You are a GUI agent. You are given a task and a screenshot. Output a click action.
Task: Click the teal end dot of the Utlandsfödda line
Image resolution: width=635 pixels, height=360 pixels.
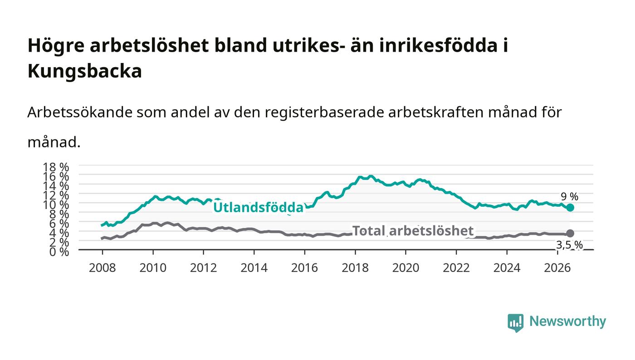tap(570, 208)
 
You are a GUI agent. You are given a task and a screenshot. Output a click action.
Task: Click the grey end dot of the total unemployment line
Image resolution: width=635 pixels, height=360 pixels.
tap(570, 234)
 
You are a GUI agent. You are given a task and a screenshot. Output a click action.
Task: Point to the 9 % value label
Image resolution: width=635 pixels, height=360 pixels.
tap(570, 196)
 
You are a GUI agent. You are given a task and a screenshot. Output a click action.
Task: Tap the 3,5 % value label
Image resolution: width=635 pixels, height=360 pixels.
tap(569, 245)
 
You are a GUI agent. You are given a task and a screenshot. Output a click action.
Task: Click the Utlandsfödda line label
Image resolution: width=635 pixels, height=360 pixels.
tap(258, 207)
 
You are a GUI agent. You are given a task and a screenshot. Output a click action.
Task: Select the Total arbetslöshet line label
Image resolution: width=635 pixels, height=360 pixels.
tap(413, 231)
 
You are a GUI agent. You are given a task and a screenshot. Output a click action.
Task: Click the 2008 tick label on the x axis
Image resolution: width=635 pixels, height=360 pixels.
tap(103, 268)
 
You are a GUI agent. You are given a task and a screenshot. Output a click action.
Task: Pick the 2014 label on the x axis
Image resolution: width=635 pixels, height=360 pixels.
tap(254, 268)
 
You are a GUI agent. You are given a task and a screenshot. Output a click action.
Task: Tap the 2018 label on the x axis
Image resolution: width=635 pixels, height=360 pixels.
tap(355, 268)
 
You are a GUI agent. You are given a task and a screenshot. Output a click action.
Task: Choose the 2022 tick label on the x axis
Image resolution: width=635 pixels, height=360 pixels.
tap(456, 268)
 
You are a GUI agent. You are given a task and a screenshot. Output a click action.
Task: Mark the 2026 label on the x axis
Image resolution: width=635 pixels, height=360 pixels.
tap(557, 268)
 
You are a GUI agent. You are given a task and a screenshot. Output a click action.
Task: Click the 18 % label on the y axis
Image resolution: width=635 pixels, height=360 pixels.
tap(56, 167)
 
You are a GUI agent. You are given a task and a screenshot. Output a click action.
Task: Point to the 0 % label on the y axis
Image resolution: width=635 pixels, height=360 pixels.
tap(59, 252)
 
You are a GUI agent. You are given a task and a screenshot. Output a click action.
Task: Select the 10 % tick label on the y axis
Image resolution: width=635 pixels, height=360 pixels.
tap(56, 204)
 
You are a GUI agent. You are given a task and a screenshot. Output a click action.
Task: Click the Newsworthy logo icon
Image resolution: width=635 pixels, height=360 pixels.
tap(516, 322)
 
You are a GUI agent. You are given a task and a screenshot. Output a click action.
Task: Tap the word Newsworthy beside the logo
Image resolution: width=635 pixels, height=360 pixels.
tap(568, 321)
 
